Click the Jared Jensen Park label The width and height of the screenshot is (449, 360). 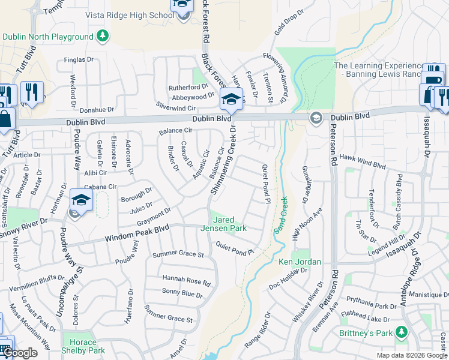point(229,224)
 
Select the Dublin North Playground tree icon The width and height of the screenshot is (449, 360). point(103,37)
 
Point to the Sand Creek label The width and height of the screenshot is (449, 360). point(279,215)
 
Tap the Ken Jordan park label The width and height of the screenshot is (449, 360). point(300,262)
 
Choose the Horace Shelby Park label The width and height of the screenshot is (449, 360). point(83,347)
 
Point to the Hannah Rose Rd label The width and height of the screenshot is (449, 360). point(187,280)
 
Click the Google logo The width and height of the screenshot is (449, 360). point(20,353)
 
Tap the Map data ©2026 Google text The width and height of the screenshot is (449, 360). point(412,355)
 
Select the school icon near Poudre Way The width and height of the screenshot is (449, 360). point(81,200)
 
